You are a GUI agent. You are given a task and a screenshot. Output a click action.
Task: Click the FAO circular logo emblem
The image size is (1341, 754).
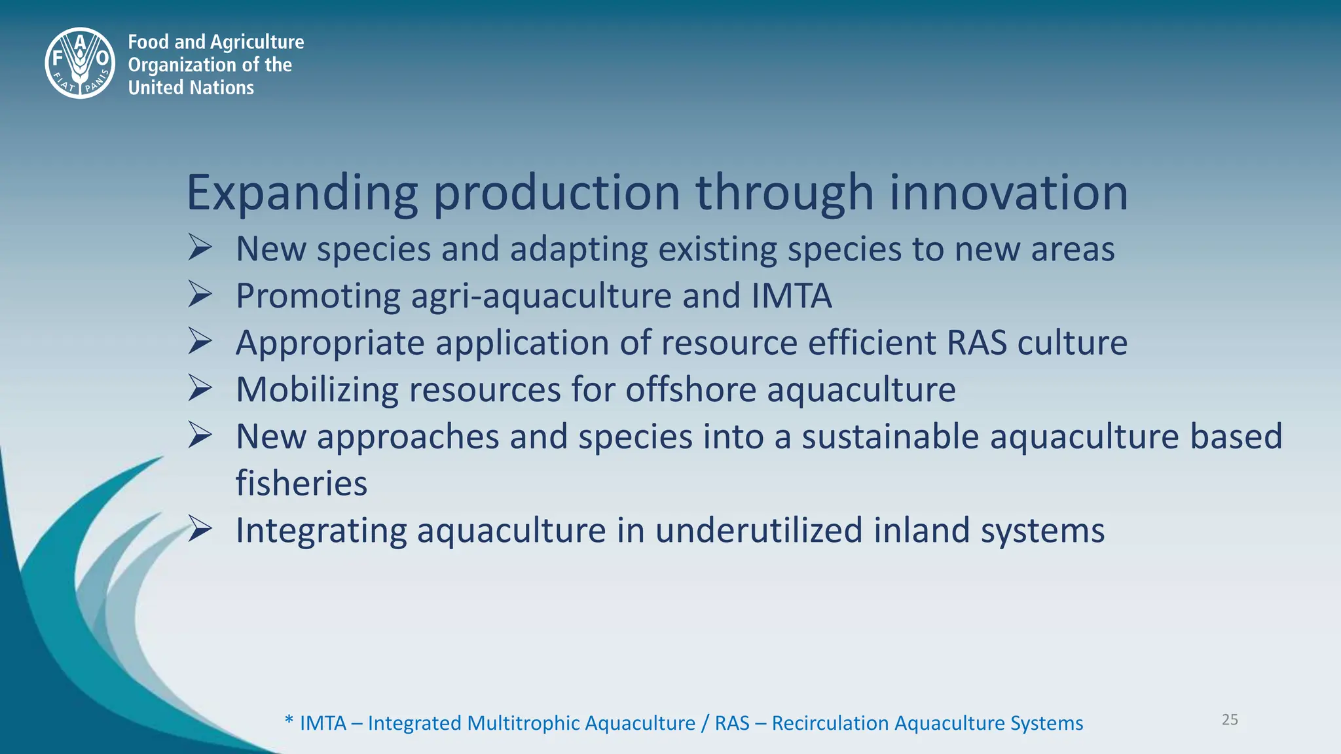click(80, 63)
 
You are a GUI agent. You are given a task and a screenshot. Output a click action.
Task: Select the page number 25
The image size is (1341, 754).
click(1230, 719)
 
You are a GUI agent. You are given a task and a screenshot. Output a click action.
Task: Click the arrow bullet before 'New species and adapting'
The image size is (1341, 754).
click(200, 248)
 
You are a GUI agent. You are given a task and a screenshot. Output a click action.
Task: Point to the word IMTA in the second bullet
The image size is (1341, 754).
click(791, 295)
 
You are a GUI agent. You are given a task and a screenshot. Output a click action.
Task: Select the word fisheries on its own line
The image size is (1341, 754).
click(301, 483)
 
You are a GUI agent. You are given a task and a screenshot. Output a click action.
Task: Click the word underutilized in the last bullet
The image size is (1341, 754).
click(758, 530)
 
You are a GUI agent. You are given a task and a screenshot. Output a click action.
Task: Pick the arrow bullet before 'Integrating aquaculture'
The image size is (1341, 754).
click(200, 529)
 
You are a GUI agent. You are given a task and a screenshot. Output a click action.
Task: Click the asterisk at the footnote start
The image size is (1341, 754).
click(289, 722)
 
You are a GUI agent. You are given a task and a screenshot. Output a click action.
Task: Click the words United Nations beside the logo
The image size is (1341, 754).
click(191, 87)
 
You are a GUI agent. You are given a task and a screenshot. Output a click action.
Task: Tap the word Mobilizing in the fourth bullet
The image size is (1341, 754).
click(317, 389)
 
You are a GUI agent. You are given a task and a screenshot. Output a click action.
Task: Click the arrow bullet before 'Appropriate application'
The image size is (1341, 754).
click(200, 342)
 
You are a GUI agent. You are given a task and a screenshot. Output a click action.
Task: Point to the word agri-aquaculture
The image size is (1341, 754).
click(541, 296)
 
